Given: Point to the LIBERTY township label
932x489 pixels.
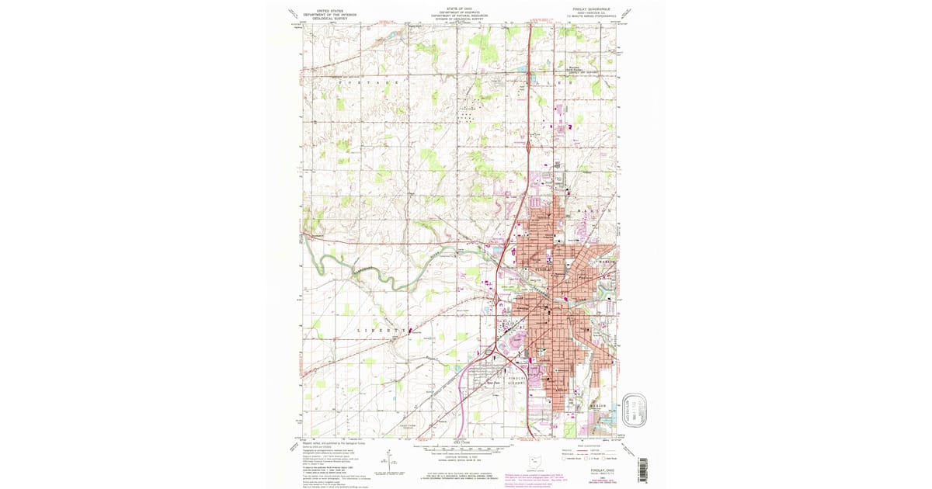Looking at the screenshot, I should point(382,330).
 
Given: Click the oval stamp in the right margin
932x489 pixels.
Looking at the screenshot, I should point(635,405).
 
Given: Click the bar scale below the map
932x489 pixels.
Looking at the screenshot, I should point(464,449).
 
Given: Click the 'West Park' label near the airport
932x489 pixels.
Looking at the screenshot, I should point(492,383).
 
